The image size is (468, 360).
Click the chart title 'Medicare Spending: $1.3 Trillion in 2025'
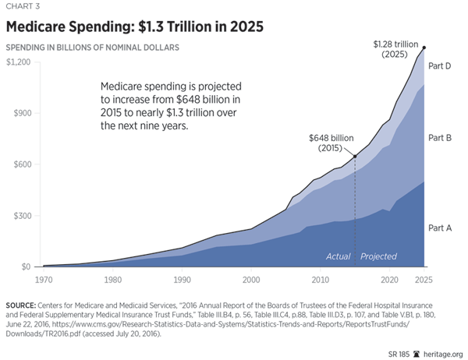(134, 26)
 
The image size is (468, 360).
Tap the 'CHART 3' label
(20, 8)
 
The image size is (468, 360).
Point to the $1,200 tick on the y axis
(17, 62)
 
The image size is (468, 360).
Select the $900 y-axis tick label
(20, 113)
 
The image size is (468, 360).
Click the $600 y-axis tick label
(20, 164)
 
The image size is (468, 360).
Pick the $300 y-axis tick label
(20, 216)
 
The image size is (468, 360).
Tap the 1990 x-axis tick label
(182, 278)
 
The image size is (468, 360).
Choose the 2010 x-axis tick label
(320, 278)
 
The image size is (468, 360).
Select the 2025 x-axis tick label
(424, 278)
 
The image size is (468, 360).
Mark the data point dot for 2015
(355, 157)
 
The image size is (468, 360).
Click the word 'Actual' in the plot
(338, 256)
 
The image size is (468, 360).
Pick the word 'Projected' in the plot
(378, 256)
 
